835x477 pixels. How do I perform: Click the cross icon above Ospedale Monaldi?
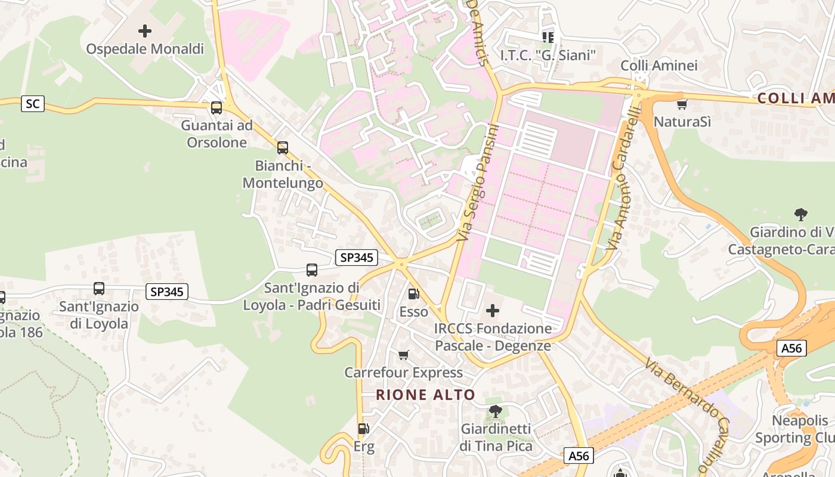pyautogui.click(x=144, y=30)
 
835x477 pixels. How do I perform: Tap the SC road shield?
pyautogui.click(x=32, y=104)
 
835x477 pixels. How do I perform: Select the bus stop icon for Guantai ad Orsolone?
pyautogui.click(x=217, y=108)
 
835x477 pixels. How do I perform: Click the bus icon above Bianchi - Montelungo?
pyautogui.click(x=282, y=147)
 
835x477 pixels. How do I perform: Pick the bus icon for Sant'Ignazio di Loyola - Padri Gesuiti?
pyautogui.click(x=311, y=270)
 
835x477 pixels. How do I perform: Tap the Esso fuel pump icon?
pyautogui.click(x=413, y=294)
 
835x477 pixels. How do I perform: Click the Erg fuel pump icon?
pyautogui.click(x=363, y=428)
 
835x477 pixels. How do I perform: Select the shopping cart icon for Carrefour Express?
pyautogui.click(x=404, y=355)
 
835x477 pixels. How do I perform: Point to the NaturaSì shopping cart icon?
pyautogui.click(x=682, y=104)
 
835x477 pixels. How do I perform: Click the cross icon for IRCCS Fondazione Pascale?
pyautogui.click(x=493, y=311)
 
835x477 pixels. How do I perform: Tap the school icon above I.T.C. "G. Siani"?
pyautogui.click(x=548, y=38)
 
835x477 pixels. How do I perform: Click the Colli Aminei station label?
pyautogui.click(x=658, y=66)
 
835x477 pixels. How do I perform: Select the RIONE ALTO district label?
pyautogui.click(x=425, y=395)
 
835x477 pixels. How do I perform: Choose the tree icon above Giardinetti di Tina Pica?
pyautogui.click(x=495, y=411)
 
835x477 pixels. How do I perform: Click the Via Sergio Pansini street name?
pyautogui.click(x=478, y=184)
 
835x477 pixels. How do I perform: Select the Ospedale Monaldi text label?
pyautogui.click(x=145, y=49)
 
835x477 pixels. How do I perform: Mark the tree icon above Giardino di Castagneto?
pyautogui.click(x=800, y=215)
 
